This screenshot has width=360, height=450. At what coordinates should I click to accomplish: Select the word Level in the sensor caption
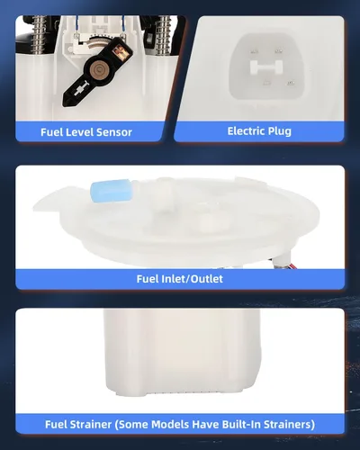76,132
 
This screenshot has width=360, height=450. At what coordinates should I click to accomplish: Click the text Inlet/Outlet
193,279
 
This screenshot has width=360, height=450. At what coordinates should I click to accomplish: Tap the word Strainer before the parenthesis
91,425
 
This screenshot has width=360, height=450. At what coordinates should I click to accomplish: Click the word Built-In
241,425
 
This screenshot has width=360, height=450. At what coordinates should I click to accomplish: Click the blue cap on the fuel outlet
111,192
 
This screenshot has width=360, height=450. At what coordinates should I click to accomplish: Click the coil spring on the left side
39,36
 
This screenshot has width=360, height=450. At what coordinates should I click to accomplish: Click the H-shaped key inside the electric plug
266,67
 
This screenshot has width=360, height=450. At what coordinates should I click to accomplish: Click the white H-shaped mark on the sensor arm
81,89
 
